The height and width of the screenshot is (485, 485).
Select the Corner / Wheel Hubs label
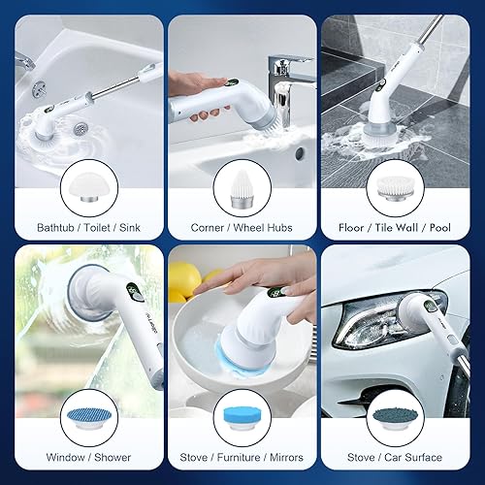coord(242,229)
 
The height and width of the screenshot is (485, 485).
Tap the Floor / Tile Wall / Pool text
coord(403,229)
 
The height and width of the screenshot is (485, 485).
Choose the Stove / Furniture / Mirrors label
coord(242,457)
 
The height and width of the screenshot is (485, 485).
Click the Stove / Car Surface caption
coord(403,457)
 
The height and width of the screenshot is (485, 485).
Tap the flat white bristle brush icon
coord(403,188)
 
